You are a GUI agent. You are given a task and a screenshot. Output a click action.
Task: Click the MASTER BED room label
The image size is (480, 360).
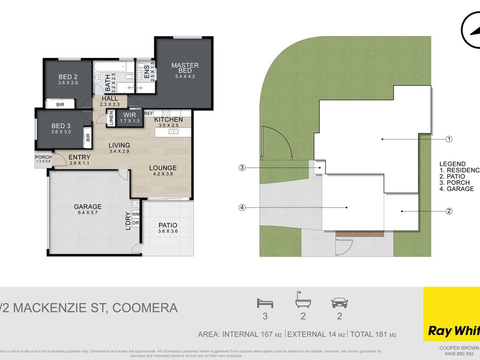pos(185,68)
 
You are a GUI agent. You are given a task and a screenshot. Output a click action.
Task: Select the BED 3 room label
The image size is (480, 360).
pos(61,126)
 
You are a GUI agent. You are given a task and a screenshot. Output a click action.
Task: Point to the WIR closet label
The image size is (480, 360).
pos(130,115)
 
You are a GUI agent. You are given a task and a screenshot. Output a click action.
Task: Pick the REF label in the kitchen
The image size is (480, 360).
pos(149,114)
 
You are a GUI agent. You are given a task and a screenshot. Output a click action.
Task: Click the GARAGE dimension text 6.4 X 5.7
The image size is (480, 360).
pos(87,213)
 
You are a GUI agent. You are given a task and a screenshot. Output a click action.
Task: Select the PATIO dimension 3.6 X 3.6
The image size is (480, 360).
pos(168,232)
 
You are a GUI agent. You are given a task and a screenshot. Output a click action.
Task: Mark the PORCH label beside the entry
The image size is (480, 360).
pos(43,157)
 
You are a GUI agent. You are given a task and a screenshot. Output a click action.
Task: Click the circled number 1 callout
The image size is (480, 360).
pos(449,139)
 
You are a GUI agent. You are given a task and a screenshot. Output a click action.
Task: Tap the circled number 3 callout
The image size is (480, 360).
pos(242,168)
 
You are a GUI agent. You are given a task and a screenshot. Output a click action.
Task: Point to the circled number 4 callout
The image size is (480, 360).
pos(242,207)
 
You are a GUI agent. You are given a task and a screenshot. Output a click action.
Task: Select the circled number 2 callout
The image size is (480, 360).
pos(449,211)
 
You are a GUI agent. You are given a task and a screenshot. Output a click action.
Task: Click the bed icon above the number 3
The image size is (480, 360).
pos(265,303)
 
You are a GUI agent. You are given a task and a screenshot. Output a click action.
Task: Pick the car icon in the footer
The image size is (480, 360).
pos(339,303)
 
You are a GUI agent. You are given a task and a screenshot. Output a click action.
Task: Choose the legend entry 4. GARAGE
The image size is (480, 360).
pos(456,188)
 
